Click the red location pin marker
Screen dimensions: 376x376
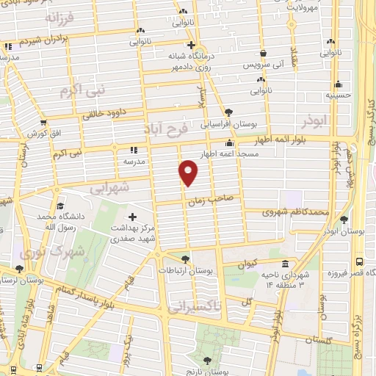(189, 173)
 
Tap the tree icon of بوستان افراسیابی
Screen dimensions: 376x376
(228, 112)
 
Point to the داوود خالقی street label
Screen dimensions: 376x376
(95, 114)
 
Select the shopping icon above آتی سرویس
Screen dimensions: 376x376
(264, 53)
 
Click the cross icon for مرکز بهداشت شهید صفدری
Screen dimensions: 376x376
(132, 217)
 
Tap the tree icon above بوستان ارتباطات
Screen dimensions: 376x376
(185, 258)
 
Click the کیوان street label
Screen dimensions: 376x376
(247, 262)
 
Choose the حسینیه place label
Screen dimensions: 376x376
(339, 94)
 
